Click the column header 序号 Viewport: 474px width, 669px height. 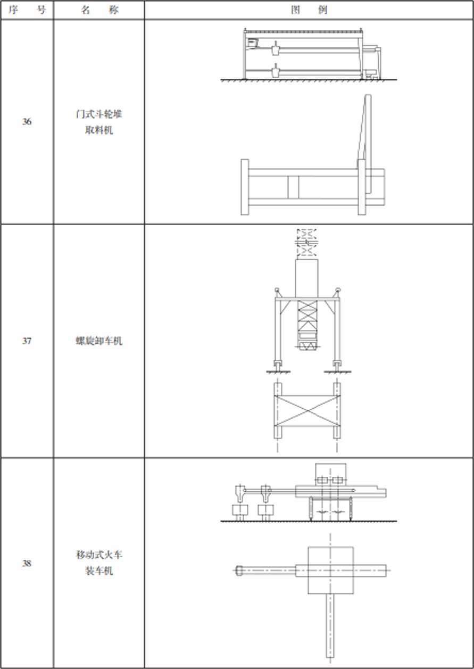[x=27, y=10]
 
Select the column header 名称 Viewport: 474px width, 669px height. [x=99, y=10]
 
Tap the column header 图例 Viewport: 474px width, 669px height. [x=309, y=10]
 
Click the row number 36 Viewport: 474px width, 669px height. [x=27, y=121]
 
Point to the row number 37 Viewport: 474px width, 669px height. [x=27, y=341]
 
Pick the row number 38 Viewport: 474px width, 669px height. [x=27, y=563]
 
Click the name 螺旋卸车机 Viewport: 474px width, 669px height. [x=99, y=341]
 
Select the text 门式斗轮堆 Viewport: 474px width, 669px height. [x=99, y=114]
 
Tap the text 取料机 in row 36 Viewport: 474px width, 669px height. [x=99, y=130]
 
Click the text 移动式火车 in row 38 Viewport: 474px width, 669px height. [x=99, y=555]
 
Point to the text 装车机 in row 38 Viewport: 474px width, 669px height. [x=99, y=571]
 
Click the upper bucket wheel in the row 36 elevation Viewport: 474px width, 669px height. [x=276, y=48]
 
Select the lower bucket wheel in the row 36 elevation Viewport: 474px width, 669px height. [x=276, y=71]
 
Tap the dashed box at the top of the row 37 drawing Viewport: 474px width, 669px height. [x=307, y=243]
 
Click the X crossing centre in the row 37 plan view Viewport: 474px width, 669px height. [x=307, y=410]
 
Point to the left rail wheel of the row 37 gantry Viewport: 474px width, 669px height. [x=278, y=365]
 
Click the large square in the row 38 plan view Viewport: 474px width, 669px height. [x=331, y=570]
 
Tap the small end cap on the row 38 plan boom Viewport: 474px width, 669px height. [x=239, y=571]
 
